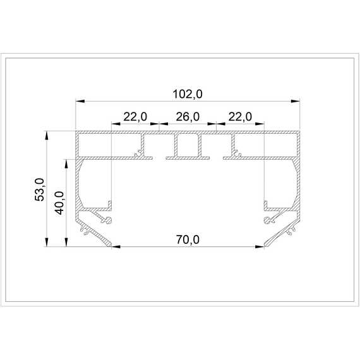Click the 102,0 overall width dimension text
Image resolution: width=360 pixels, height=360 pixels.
click(x=188, y=94)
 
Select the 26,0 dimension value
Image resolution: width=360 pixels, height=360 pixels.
click(x=188, y=117)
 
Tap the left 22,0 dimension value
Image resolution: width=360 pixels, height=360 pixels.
click(x=135, y=117)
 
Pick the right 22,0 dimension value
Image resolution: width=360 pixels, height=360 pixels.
click(x=240, y=117)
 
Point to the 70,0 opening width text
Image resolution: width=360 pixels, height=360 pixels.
click(x=188, y=240)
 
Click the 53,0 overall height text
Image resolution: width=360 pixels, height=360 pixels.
click(x=40, y=189)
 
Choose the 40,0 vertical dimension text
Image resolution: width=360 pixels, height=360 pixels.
click(x=59, y=203)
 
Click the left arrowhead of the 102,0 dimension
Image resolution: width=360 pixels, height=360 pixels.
click(x=80, y=101)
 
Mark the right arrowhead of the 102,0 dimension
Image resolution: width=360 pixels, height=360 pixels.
click(x=295, y=101)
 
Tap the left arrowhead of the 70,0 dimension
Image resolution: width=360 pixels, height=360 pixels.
click(x=116, y=247)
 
